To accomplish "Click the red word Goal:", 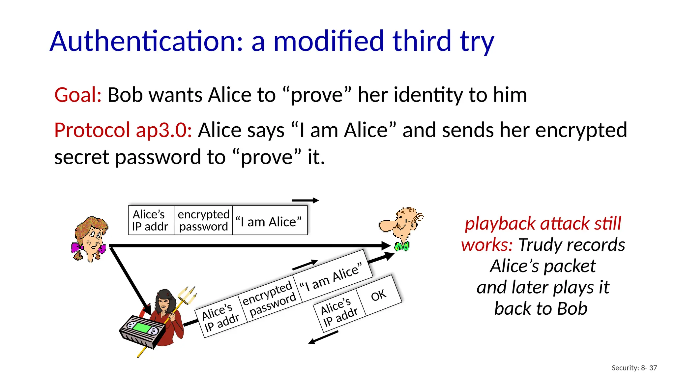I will tap(78, 95).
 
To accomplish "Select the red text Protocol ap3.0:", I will tap(123, 130).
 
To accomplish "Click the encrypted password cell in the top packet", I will tap(203, 220).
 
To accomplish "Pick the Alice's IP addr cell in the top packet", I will tap(150, 220).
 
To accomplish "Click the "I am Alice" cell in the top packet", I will tap(269, 222).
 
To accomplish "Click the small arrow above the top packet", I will tap(305, 200).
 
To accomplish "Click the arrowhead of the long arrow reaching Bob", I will tap(386, 246).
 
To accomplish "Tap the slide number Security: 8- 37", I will tap(634, 368).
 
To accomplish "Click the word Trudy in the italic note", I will tap(535, 245).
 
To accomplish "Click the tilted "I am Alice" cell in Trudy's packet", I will tap(331, 276).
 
